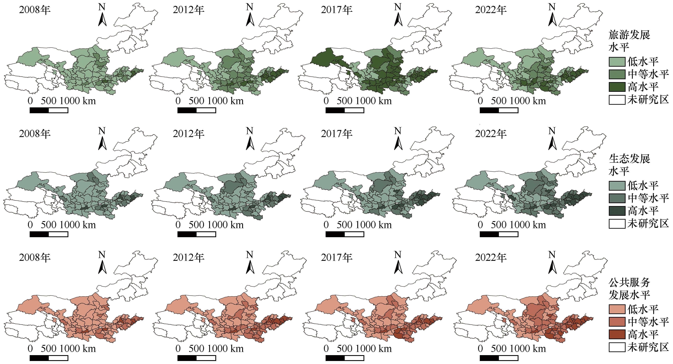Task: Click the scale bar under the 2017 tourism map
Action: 345,110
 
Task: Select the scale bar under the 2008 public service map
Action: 49,358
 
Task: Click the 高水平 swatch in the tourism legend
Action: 617,87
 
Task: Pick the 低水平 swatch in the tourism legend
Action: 617,62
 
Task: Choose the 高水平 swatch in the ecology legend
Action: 617,211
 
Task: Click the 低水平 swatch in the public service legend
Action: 617,309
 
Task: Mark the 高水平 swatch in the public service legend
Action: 617,335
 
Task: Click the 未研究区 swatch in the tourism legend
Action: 617,100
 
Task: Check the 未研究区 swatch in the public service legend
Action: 617,347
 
